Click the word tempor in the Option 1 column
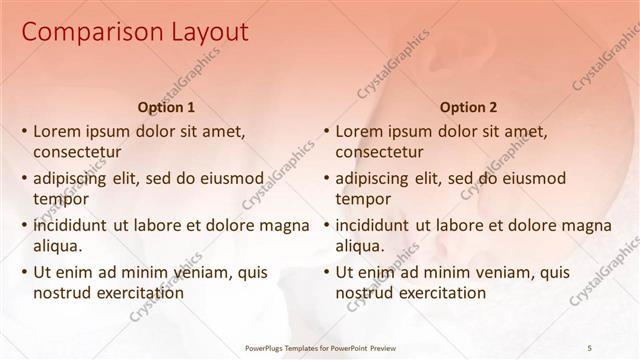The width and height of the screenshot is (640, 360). pyautogui.click(x=60, y=199)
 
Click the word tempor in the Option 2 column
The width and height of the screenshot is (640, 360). pyautogui.click(x=362, y=199)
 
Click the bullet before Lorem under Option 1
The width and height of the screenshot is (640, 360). pyautogui.click(x=24, y=131)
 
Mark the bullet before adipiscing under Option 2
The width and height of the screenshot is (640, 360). pyautogui.click(x=326, y=178)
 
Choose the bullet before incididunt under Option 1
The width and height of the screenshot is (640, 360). pyautogui.click(x=24, y=225)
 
